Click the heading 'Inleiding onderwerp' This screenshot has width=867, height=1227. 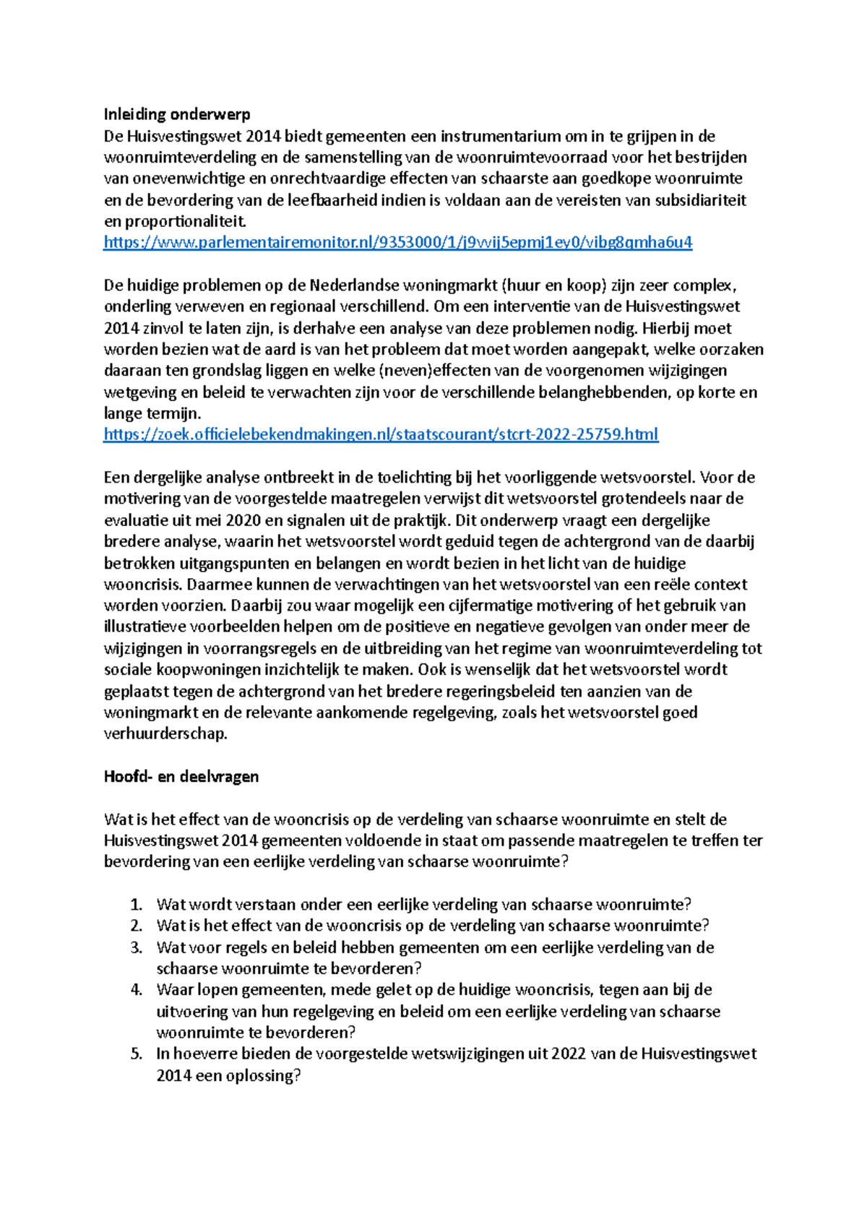(177, 114)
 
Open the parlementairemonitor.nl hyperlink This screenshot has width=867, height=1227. (398, 243)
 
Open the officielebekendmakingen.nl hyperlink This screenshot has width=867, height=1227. (381, 435)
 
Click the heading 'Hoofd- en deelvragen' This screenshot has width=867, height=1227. (181, 777)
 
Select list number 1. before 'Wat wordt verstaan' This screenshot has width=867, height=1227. (137, 905)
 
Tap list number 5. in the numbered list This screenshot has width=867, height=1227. (137, 1054)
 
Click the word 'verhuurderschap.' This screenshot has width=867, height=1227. (165, 734)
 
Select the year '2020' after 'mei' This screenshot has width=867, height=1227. (243, 520)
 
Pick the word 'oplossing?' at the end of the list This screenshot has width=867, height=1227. (263, 1076)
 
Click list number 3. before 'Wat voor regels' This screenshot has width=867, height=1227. (137, 947)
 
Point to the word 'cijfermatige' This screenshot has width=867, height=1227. (490, 606)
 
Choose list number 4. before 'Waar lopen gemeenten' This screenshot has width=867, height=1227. (137, 990)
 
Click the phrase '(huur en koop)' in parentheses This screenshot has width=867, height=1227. (553, 285)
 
